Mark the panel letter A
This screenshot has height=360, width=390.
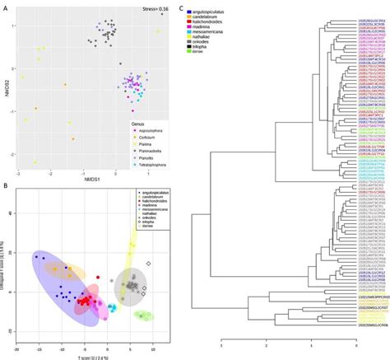[x=6, y=6]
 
